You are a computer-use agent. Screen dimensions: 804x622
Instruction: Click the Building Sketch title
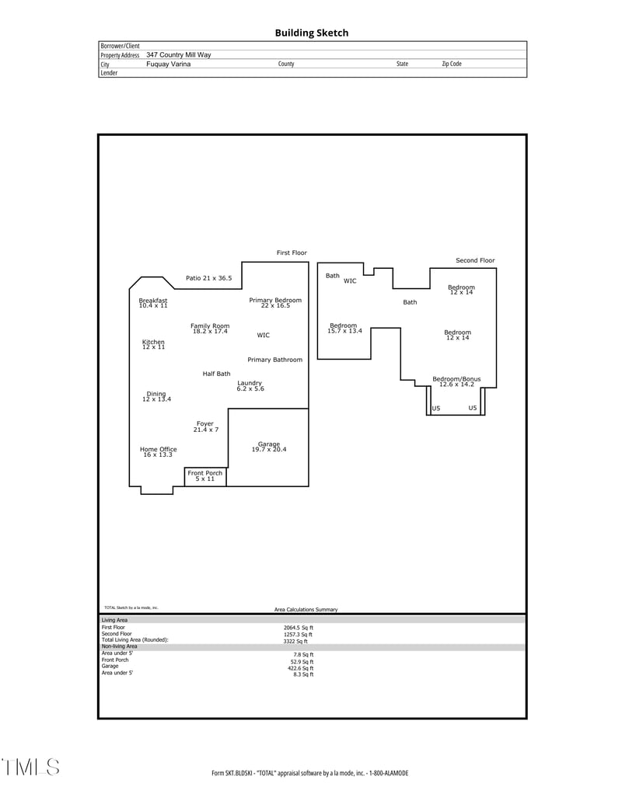311,33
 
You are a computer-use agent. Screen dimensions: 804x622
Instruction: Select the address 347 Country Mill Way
178,55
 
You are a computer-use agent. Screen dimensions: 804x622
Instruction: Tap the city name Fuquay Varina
168,64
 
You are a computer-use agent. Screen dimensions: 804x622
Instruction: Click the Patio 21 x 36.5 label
208,278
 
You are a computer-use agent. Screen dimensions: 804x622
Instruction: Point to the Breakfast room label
153,303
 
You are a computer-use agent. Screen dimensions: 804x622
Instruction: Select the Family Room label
210,329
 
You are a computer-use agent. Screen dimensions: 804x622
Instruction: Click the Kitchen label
153,344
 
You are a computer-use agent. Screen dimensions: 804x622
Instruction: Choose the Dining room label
156,396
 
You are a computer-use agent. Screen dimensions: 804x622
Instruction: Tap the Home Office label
158,451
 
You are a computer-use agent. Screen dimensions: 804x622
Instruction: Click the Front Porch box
205,476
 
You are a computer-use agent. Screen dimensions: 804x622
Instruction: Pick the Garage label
269,447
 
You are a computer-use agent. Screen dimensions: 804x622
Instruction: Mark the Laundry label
250,385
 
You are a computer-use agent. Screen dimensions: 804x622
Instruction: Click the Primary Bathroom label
275,360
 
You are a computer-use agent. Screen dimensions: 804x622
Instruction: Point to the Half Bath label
216,374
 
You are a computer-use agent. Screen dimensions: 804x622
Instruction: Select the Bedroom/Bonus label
456,381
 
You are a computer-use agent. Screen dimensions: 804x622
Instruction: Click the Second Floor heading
475,260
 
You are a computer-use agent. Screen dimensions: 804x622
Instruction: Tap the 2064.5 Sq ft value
298,627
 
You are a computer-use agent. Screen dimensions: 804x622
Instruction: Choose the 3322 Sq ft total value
295,641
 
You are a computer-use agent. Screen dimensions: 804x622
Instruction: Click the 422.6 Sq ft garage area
301,668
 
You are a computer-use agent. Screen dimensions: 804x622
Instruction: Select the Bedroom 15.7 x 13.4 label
344,329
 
